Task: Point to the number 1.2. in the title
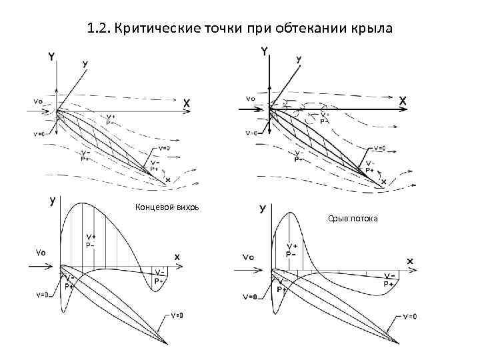click(x=99, y=29)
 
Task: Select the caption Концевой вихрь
click(x=167, y=207)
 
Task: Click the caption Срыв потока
click(x=353, y=218)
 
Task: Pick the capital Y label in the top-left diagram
click(x=51, y=57)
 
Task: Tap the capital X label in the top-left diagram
click(x=187, y=103)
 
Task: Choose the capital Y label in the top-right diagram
click(x=265, y=51)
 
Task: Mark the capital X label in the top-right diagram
click(x=403, y=99)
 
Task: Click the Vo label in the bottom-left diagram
click(x=40, y=252)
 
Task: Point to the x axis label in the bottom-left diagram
click(x=177, y=257)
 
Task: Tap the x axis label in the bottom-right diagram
click(x=409, y=261)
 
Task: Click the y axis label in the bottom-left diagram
click(x=52, y=199)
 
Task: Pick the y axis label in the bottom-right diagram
click(x=262, y=208)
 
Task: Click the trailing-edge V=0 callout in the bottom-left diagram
click(x=177, y=315)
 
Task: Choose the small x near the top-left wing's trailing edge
click(x=167, y=180)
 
